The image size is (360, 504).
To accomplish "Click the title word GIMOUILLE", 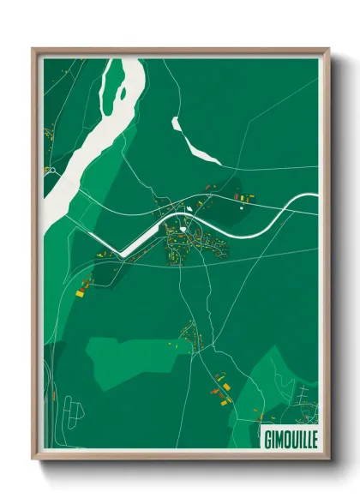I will point(288,434).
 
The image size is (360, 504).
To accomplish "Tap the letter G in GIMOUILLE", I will point(265,434).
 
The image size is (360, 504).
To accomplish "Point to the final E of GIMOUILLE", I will point(312,434).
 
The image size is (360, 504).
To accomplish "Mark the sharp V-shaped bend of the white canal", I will point(121,254).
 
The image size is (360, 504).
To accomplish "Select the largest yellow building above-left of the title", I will point(226,399).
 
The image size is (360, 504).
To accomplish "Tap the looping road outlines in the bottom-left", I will point(75,416).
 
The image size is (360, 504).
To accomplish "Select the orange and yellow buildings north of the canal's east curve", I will point(243,198).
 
